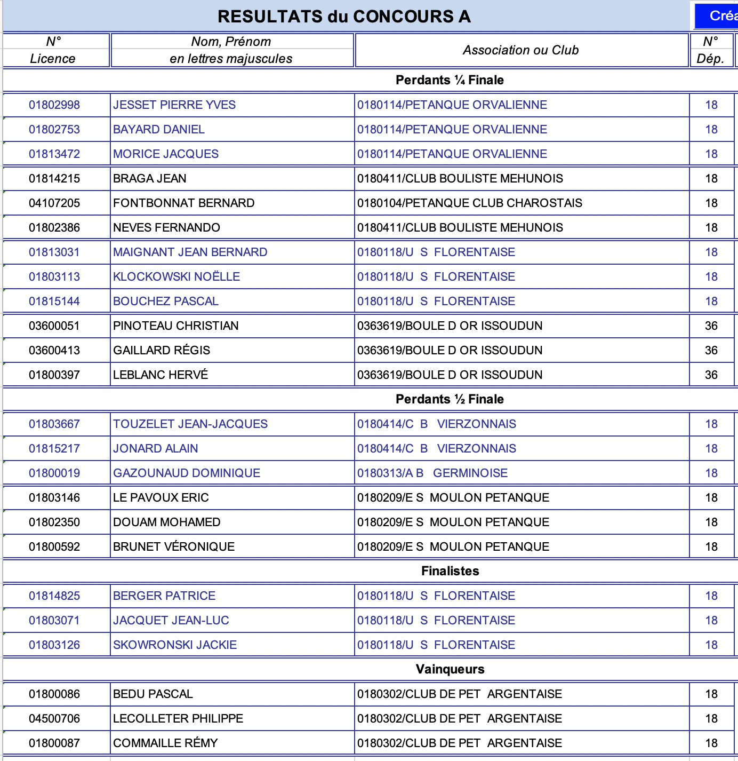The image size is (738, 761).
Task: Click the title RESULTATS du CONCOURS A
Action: coord(344,17)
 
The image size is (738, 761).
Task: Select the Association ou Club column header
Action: coord(520,50)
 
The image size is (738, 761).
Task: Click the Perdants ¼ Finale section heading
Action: coord(450,80)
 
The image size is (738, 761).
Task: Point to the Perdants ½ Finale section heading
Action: coord(450,399)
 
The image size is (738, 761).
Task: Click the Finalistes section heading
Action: coord(450,571)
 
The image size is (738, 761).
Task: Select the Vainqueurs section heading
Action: coord(450,669)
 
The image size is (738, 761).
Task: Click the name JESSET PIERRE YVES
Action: coord(174,105)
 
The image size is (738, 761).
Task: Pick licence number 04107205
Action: coord(54,203)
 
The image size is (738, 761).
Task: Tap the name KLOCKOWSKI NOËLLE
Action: coord(177,276)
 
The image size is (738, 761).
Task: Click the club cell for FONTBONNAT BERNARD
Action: coord(469,203)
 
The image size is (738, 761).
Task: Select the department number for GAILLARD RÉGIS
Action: coord(711,350)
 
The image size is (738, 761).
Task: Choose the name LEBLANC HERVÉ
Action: coord(161,375)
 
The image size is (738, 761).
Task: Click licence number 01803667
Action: coord(54,424)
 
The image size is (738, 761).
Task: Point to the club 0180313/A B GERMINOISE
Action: coord(432,473)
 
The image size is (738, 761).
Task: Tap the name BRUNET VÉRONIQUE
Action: coord(174,546)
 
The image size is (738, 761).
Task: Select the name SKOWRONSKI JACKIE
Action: coord(175,645)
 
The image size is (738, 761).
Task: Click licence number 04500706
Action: coord(54,718)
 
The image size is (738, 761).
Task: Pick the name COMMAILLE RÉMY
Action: coord(165,743)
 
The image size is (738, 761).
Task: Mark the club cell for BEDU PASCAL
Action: coord(459,694)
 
